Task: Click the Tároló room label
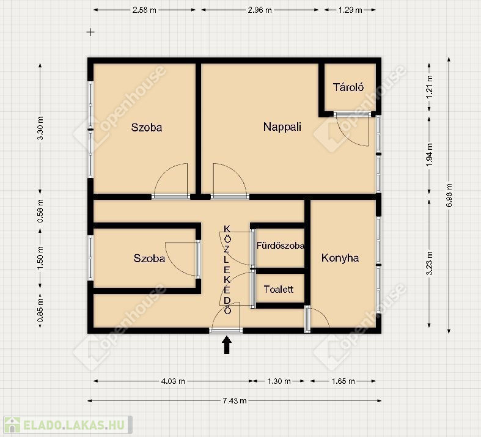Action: pos(348,87)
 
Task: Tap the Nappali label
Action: pos(282,127)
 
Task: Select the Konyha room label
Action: pos(340,258)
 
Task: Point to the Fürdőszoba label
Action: pos(281,246)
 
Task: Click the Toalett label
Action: pos(279,289)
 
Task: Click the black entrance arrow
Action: pos(227,345)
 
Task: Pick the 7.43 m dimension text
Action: pos(234,401)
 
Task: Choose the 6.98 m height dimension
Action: pos(450,195)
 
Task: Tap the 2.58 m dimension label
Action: pos(144,10)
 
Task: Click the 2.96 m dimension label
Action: pos(260,10)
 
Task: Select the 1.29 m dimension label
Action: pos(350,10)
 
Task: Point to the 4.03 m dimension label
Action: pos(173,381)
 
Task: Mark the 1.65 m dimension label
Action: pos(343,381)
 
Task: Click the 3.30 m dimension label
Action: pos(40,128)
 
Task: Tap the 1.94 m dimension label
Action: pos(430,155)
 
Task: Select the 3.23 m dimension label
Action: pos(430,263)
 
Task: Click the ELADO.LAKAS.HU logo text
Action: pos(74,425)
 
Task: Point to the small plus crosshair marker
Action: pos(90,32)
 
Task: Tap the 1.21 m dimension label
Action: pos(430,87)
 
